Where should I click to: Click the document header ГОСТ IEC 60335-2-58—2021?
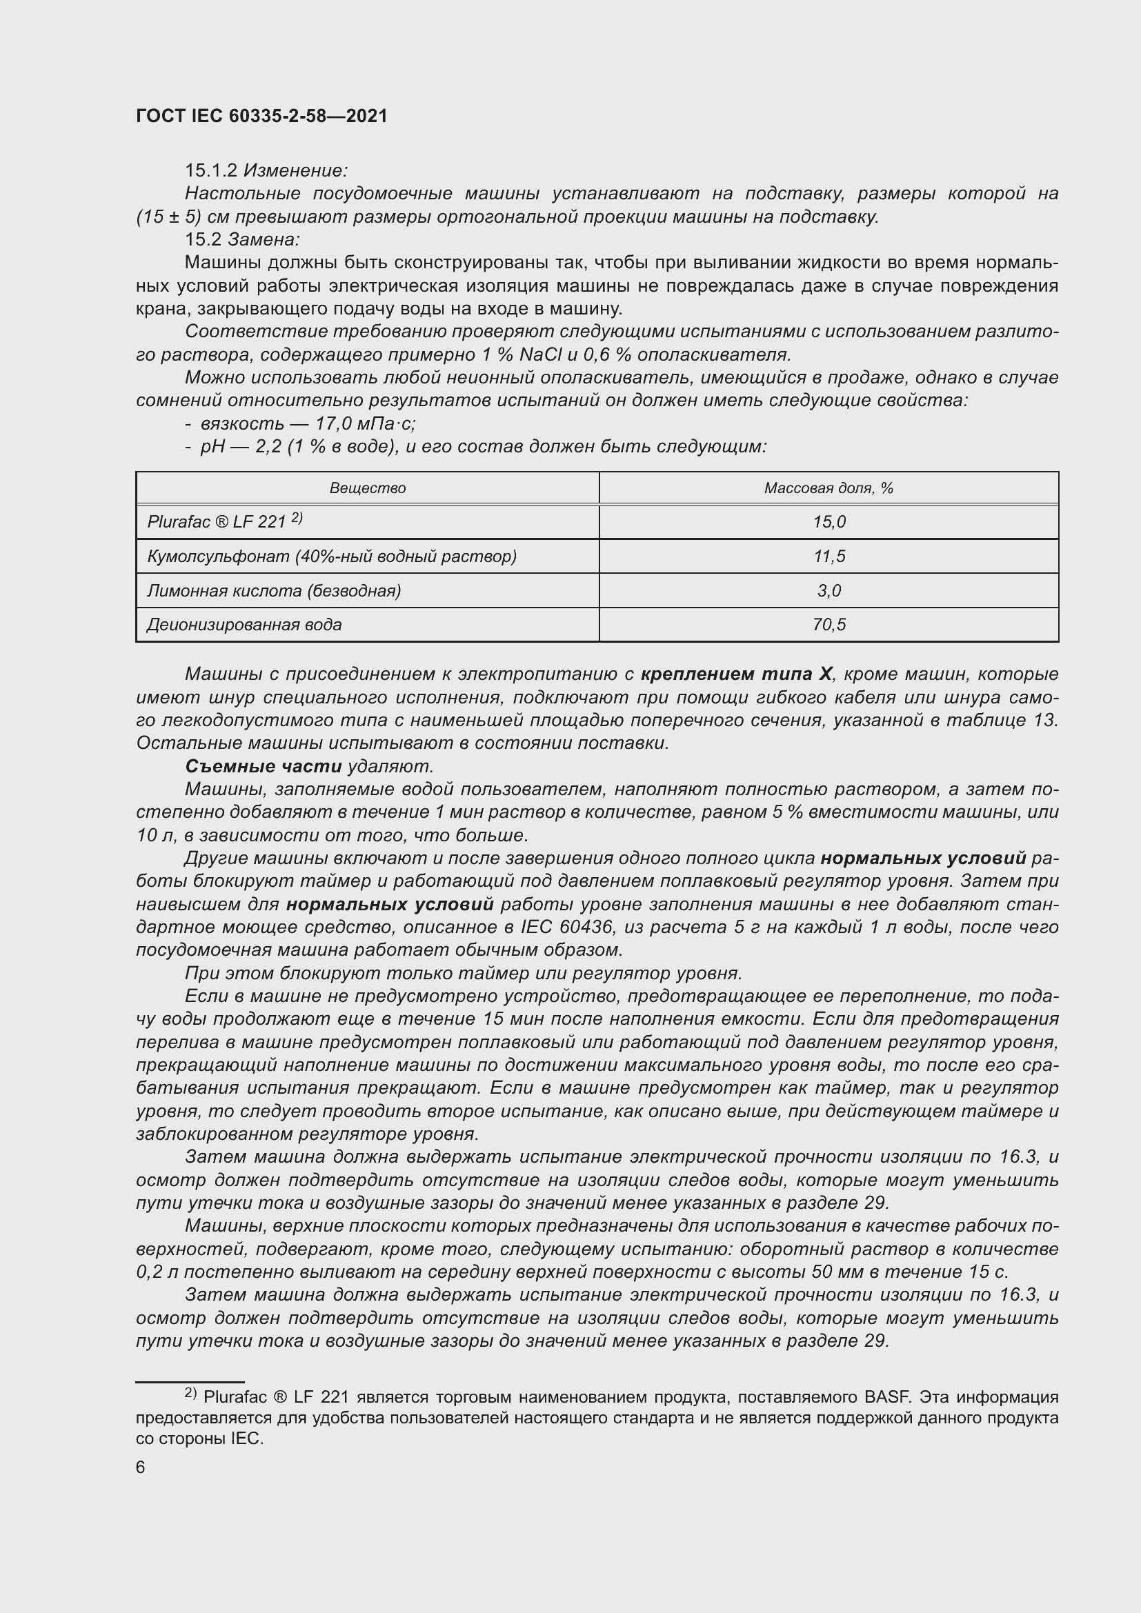tap(261, 116)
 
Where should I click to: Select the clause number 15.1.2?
tap(211, 171)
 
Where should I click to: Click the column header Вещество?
tap(368, 488)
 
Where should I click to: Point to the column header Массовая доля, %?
tap(829, 488)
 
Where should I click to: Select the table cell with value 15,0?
tap(829, 522)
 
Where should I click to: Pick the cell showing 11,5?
tap(829, 557)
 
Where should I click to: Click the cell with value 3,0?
tap(829, 591)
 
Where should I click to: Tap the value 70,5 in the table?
tap(829, 625)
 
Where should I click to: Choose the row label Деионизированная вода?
tap(244, 625)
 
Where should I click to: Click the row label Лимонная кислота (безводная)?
tap(274, 591)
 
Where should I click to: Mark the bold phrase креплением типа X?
tap(736, 674)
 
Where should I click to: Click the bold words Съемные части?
tap(264, 766)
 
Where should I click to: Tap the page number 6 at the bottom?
tap(141, 1467)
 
